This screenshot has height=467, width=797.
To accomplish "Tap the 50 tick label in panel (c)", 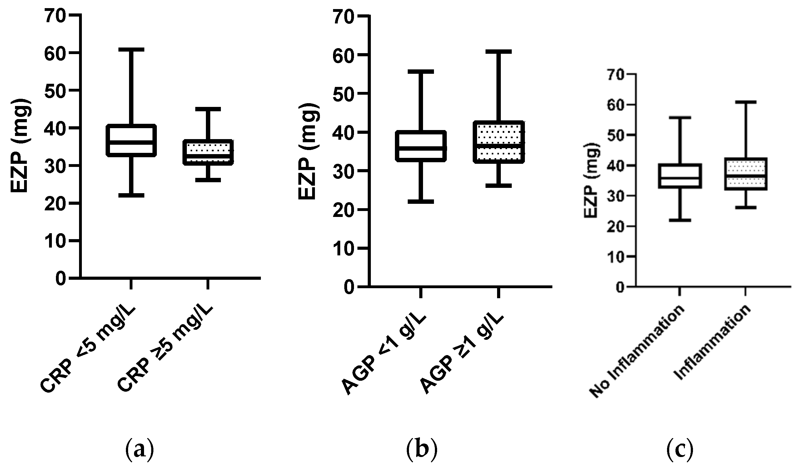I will (x=615, y=135).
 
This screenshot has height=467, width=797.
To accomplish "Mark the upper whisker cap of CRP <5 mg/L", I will (x=131, y=50).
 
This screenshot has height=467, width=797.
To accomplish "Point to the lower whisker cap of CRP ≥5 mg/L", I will (x=208, y=180).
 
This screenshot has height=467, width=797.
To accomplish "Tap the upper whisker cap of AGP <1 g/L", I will (x=421, y=72).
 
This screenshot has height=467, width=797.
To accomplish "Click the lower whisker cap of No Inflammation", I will (x=679, y=220).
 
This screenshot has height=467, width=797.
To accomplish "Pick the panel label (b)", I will (x=421, y=449).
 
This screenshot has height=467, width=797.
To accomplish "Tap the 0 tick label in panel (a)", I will (x=60, y=279).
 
